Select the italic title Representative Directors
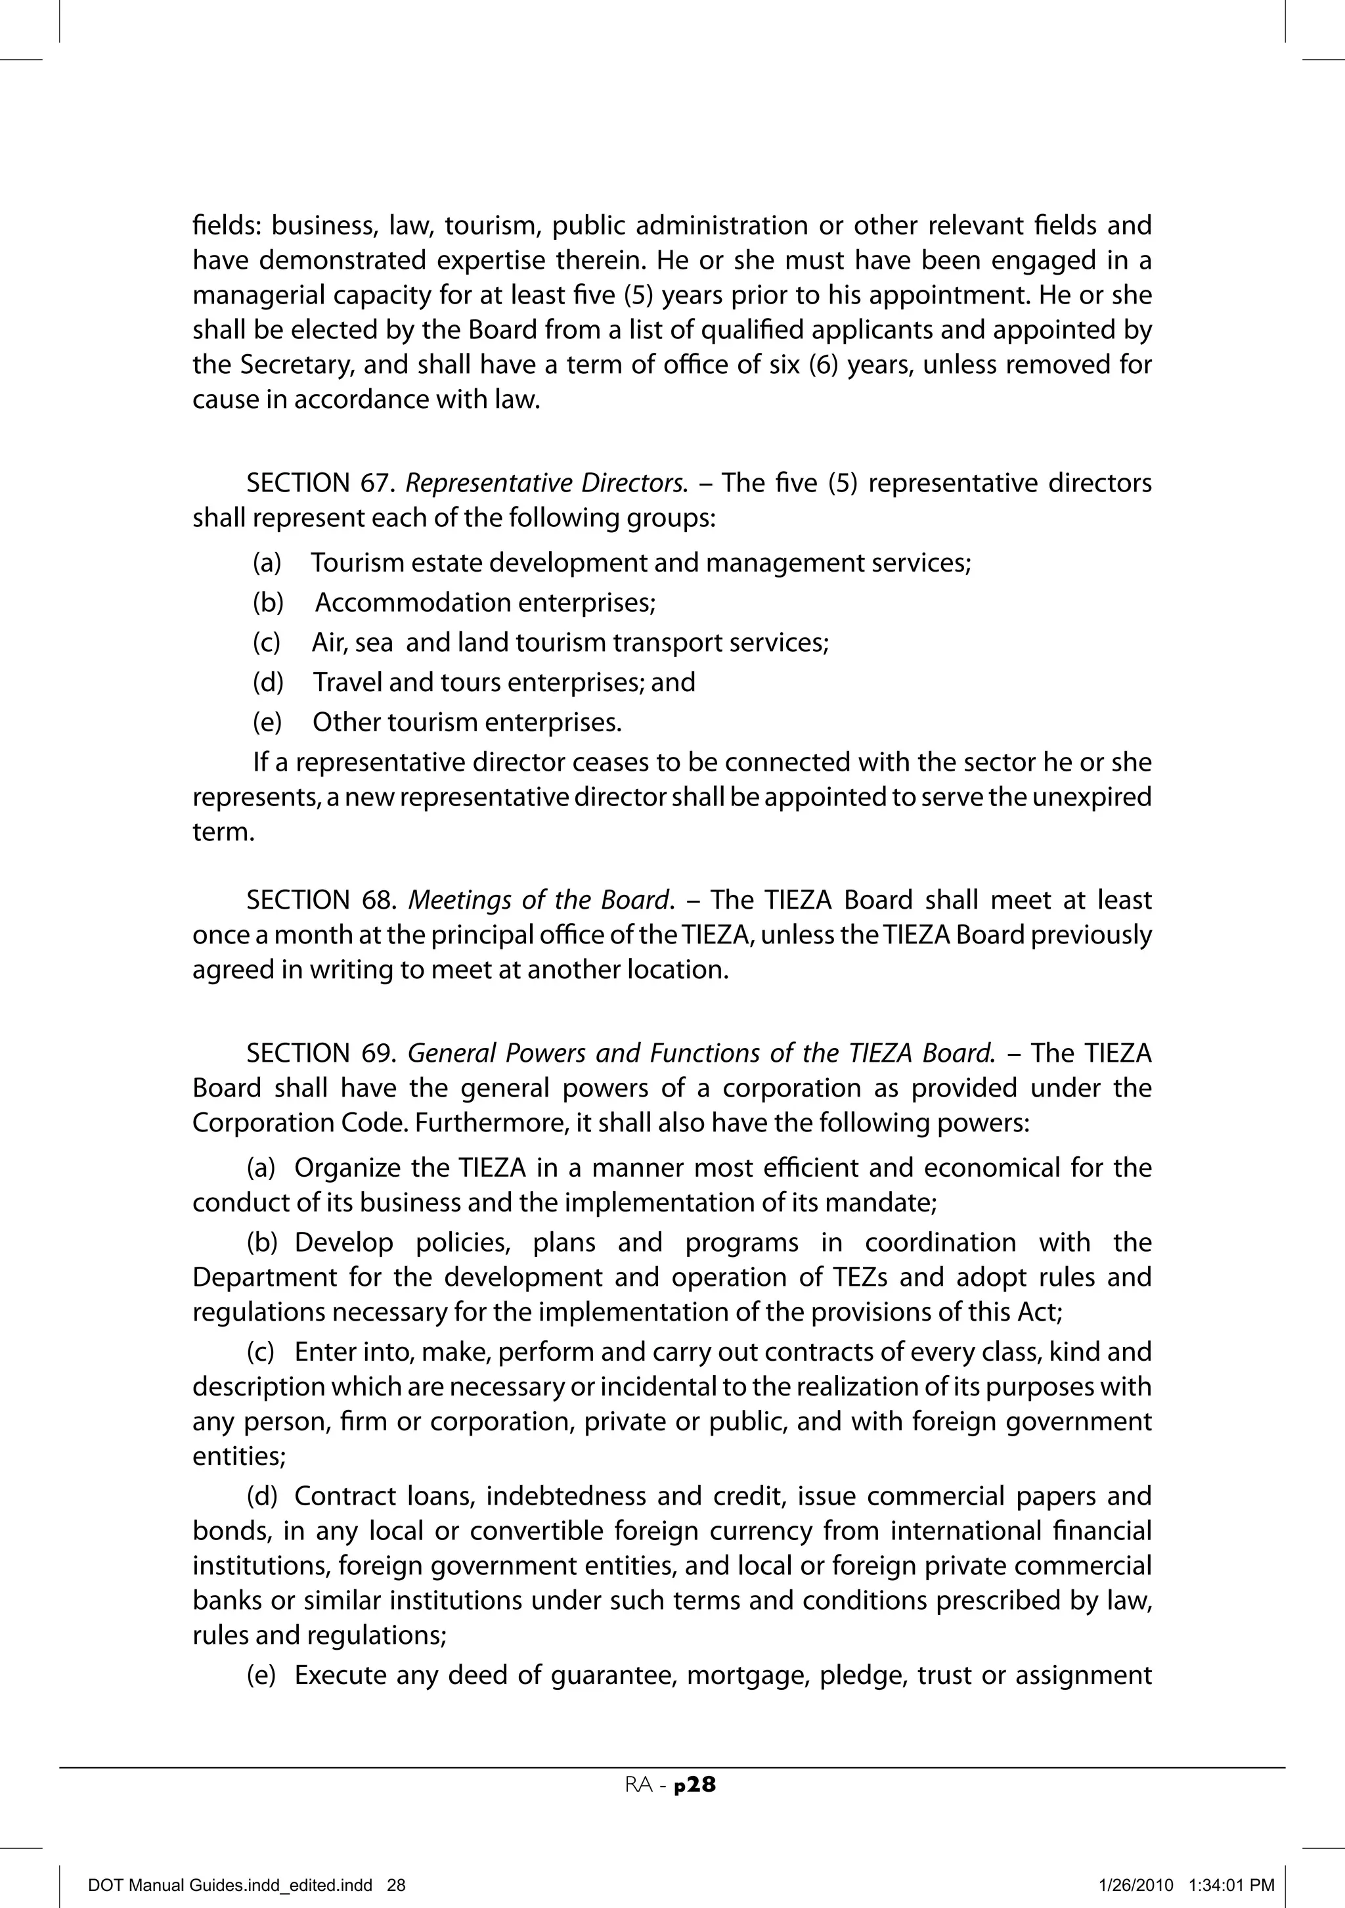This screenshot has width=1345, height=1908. pyautogui.click(x=548, y=483)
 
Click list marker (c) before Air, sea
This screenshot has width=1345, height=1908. pyautogui.click(x=266, y=643)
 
